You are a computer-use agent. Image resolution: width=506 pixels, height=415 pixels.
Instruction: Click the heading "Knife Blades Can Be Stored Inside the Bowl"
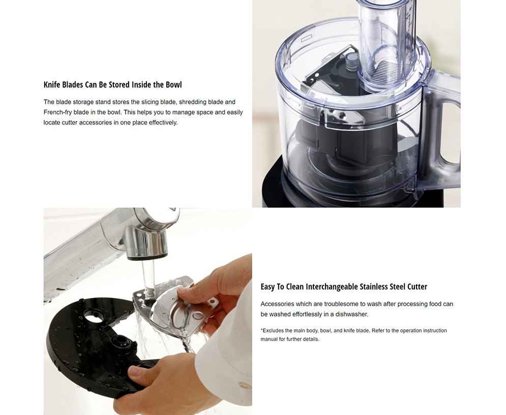click(x=112, y=85)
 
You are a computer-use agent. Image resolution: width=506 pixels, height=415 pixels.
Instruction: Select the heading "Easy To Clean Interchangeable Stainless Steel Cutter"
click(x=344, y=287)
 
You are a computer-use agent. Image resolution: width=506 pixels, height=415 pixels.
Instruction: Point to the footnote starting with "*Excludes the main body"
click(x=353, y=335)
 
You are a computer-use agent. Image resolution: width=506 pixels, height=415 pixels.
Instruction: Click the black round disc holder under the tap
click(x=86, y=346)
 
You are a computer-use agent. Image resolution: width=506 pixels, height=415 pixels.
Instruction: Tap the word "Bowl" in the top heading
click(x=173, y=85)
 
